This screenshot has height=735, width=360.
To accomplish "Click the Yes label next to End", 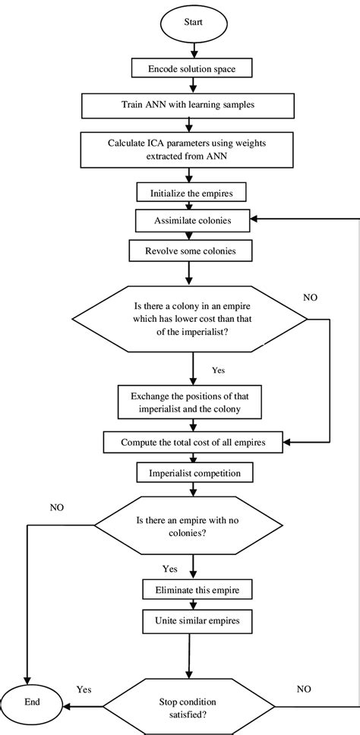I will tap(84, 691).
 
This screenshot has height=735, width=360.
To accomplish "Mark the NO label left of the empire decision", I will tap(56, 506).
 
